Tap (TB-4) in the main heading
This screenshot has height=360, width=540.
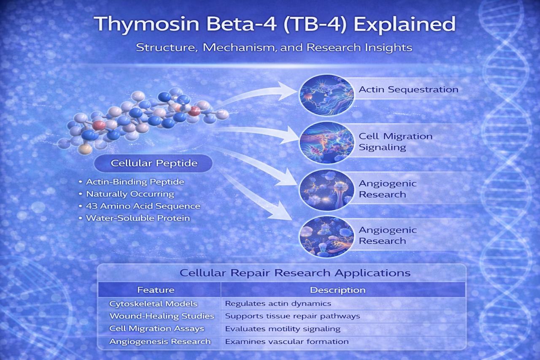click(315, 24)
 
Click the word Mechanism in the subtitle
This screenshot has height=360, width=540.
click(238, 47)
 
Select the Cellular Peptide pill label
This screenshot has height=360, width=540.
click(153, 163)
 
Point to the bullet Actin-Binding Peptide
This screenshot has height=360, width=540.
click(135, 182)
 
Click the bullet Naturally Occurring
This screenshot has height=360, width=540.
click(130, 194)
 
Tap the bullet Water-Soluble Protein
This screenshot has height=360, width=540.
click(138, 218)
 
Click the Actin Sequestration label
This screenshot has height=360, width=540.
click(408, 90)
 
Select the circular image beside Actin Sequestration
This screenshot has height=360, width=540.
click(327, 95)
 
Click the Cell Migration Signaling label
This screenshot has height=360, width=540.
click(396, 142)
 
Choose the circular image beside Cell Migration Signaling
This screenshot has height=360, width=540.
click(327, 142)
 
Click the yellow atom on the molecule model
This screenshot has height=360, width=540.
click(85, 149)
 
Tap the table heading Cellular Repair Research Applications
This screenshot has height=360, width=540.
click(295, 273)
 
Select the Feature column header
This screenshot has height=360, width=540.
click(156, 290)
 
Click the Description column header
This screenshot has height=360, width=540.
click(338, 290)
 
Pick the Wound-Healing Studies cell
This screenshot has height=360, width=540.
click(162, 316)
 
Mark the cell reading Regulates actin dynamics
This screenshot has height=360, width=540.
click(278, 303)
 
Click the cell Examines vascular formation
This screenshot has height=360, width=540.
click(287, 342)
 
